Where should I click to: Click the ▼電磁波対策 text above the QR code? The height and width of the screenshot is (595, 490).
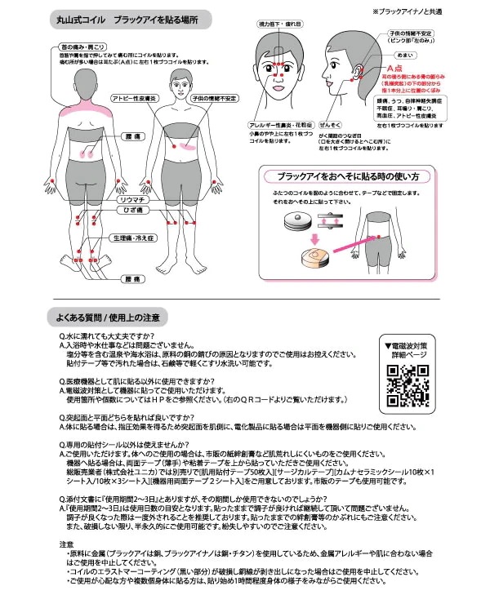click(408, 345)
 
